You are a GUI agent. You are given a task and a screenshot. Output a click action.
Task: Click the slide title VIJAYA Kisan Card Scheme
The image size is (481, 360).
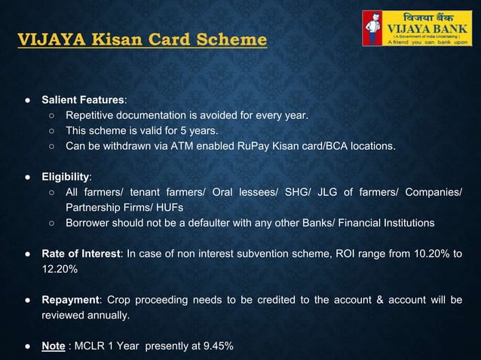142,38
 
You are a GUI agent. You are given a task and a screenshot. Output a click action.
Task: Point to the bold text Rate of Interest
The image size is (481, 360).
81,253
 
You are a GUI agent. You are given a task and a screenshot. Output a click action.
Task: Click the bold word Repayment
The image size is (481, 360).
72,301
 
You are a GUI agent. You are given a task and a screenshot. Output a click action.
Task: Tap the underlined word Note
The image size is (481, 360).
53,346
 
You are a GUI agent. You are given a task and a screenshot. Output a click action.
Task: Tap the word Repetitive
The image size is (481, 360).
93,115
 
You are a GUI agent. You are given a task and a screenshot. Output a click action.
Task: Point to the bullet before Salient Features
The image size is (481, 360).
26,99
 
